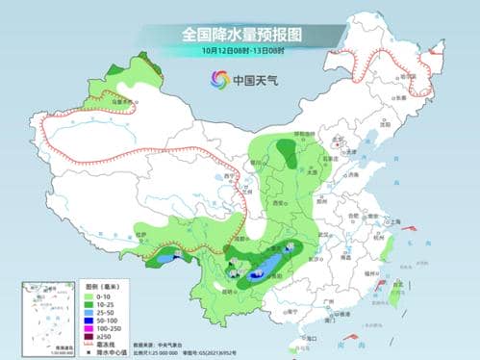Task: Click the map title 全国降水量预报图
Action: click(x=240, y=34)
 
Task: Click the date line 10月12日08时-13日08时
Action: click(x=240, y=49)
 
